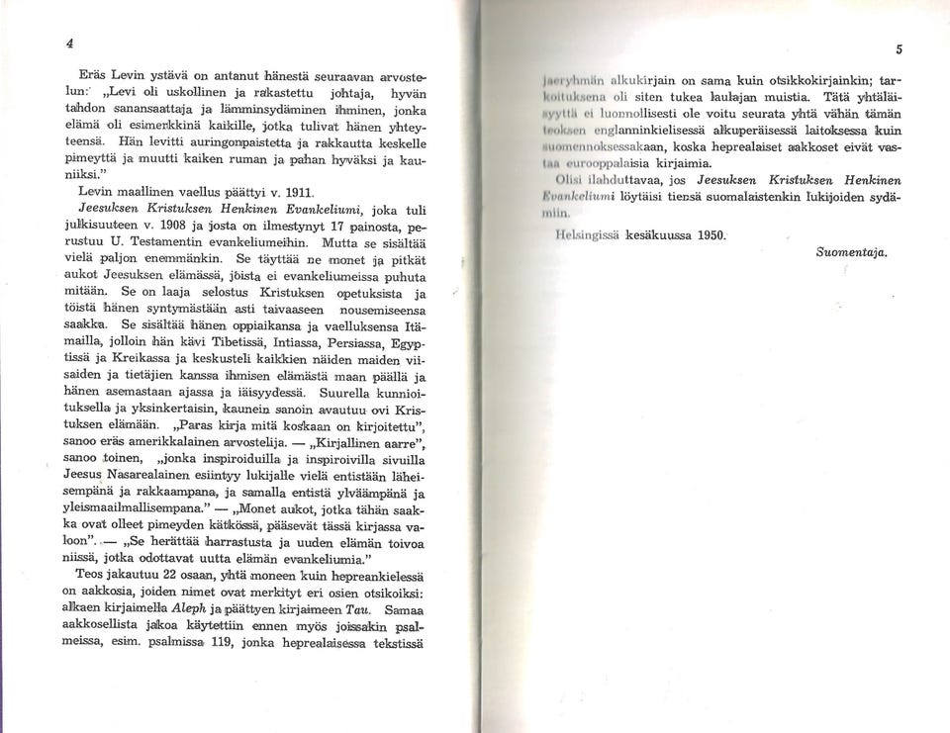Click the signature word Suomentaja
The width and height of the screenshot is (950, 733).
pos(851,252)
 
